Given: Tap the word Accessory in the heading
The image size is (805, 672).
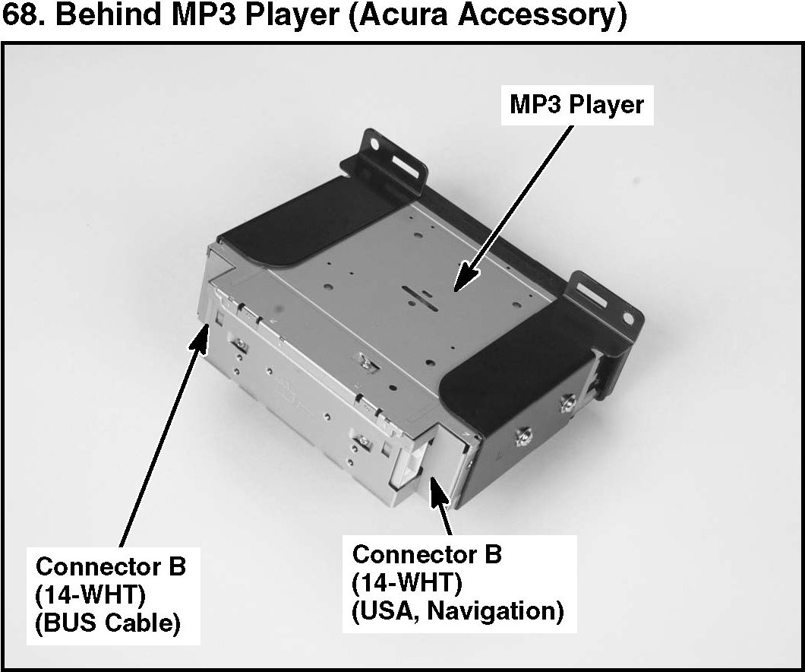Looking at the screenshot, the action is pos(544,17).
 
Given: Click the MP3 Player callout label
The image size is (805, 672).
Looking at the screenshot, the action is pos(576,104).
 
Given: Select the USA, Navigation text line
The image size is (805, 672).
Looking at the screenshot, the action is pos(458,610).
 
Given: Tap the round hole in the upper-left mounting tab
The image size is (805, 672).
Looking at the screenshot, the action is pos(374,142).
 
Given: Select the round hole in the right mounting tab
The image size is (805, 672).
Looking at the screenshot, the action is pos(628,314).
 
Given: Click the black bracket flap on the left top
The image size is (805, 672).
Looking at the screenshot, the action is pos(304,228).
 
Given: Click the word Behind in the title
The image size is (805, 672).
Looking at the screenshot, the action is pos(98,17).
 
